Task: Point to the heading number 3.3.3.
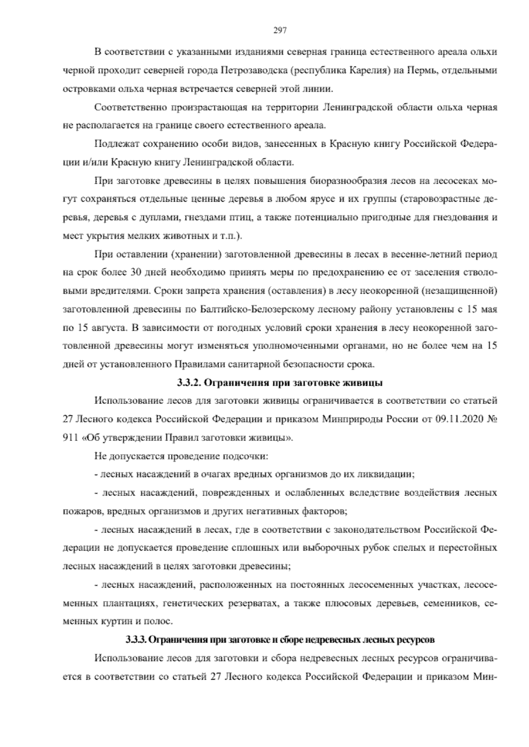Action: pyautogui.click(x=136, y=639)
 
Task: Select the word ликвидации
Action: pyautogui.click(x=390, y=474)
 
